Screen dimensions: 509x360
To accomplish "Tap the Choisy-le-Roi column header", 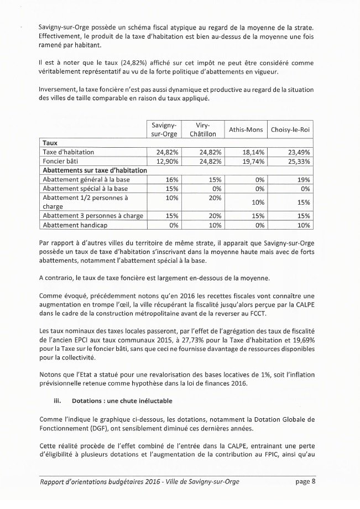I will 290,130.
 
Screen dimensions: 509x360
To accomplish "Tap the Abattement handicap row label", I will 74,225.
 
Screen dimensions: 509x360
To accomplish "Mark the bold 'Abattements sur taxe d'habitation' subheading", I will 95,170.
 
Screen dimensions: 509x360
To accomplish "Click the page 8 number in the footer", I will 305,481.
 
